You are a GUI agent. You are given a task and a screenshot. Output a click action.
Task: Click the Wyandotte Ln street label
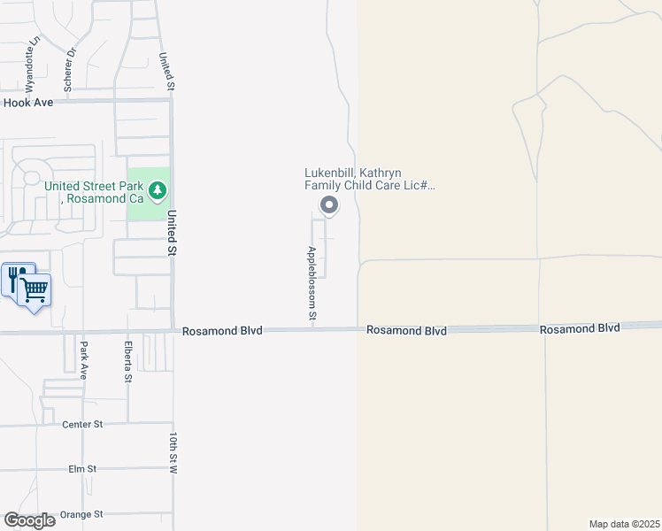coord(32,65)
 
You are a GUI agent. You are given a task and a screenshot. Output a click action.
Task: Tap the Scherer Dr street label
coord(69,70)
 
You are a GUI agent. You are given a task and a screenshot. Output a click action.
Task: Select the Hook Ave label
coord(28,103)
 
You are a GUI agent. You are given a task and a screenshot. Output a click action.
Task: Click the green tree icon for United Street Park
coord(158,189)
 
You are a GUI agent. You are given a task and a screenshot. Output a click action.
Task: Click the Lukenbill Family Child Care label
coord(370,180)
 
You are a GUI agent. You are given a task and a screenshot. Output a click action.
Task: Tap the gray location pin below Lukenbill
coord(329,206)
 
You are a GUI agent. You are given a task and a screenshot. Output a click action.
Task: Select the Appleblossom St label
coord(312,282)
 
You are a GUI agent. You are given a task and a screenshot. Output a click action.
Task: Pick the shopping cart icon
coord(35,289)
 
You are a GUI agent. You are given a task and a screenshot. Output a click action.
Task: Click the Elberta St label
coord(128,361)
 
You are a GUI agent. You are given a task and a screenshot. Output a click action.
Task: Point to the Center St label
coord(82,425)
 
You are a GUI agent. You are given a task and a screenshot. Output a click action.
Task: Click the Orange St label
coord(81,514)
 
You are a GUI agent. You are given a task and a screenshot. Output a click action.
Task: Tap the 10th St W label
coord(174,453)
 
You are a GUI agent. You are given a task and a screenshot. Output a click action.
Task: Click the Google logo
coord(30,520)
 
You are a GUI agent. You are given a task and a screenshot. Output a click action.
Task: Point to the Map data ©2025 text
coord(624,524)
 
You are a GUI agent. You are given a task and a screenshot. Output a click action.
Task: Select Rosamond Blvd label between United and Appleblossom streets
coord(223,331)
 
